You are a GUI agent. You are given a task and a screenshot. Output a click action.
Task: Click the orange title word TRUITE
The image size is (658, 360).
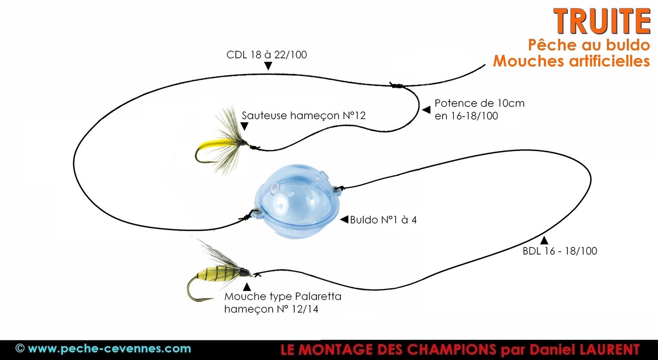(602, 22)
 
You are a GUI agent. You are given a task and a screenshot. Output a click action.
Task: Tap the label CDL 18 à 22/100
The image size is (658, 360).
(266, 55)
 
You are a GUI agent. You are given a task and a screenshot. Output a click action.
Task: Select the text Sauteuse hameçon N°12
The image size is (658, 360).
(303, 116)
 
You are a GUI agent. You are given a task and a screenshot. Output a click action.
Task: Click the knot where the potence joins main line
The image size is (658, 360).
(396, 85)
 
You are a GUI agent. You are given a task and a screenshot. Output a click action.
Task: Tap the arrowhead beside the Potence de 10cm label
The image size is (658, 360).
(426, 110)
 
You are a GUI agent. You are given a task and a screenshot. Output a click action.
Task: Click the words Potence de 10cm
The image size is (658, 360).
(480, 103)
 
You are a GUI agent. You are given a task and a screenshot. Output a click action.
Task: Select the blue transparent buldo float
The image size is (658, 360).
(297, 200)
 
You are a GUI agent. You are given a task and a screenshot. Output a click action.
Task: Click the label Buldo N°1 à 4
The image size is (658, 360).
(383, 220)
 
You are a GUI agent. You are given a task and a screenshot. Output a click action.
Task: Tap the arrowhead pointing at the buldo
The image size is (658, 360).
(344, 219)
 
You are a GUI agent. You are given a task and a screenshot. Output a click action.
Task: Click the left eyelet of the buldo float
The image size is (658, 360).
(256, 212)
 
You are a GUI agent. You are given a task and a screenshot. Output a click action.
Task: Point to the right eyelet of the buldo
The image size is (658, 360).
(337, 188)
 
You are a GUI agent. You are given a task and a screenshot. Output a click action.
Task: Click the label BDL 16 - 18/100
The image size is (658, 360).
(560, 251)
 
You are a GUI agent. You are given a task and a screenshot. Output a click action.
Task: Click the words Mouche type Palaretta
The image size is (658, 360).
(283, 296)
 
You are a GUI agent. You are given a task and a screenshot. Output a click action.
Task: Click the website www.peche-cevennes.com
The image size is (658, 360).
(109, 349)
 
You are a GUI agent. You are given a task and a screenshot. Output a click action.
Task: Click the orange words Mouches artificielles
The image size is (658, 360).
(571, 62)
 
